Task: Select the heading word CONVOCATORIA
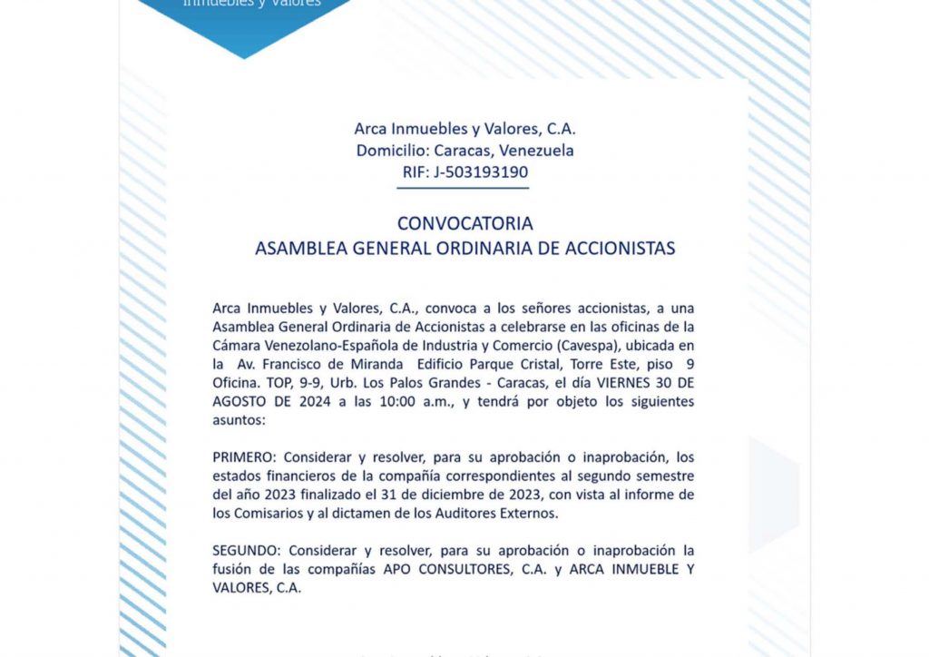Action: [464, 223]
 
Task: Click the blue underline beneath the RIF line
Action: [463, 187]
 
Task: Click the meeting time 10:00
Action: [401, 401]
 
